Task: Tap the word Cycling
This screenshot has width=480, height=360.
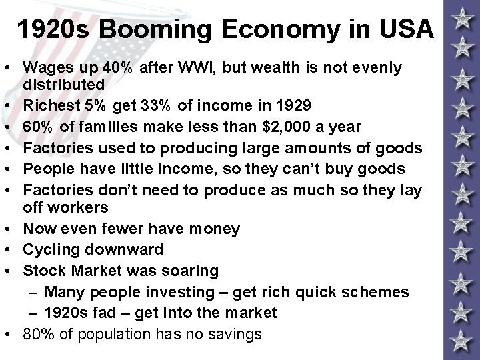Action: tap(51, 249)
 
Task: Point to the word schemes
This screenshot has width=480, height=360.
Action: tap(381, 291)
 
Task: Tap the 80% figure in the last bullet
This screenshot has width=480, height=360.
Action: tap(39, 333)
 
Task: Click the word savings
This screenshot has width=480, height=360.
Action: tap(234, 333)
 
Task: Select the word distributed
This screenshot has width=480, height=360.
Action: tap(63, 85)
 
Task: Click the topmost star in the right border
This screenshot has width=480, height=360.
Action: tap(461, 19)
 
